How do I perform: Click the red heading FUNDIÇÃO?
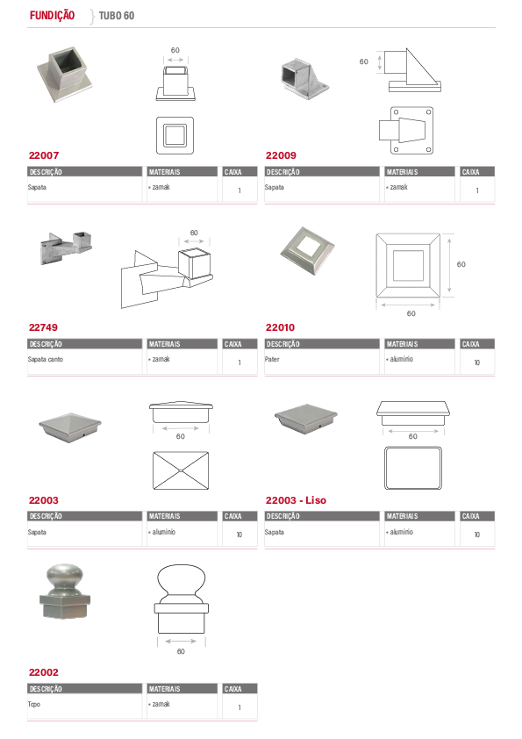pyautogui.click(x=52, y=16)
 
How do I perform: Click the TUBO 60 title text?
pyautogui.click(x=117, y=16)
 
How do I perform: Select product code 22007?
pyautogui.click(x=44, y=155)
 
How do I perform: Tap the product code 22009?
pyautogui.click(x=281, y=155)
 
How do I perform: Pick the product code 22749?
pyautogui.click(x=43, y=327)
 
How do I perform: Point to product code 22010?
pyautogui.click(x=281, y=327)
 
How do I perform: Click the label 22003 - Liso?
pyautogui.click(x=296, y=500)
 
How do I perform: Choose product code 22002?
pyautogui.click(x=44, y=672)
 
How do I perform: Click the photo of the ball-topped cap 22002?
pyautogui.click(x=64, y=592)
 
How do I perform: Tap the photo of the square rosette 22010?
pyautogui.click(x=307, y=251)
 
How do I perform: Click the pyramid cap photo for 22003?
pyautogui.click(x=70, y=427)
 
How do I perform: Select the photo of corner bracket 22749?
pyautogui.click(x=66, y=248)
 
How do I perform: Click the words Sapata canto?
pyautogui.click(x=46, y=359)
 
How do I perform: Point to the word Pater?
pyautogui.click(x=272, y=359)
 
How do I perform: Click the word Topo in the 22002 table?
pyautogui.click(x=34, y=704)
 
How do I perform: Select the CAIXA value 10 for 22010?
pyautogui.click(x=476, y=362)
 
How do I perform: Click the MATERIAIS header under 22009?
pyautogui.click(x=403, y=172)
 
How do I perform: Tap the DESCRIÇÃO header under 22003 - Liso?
pyautogui.click(x=283, y=517)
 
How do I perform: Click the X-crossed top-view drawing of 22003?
pyautogui.click(x=181, y=470)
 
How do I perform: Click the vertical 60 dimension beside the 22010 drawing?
pyautogui.click(x=461, y=264)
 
